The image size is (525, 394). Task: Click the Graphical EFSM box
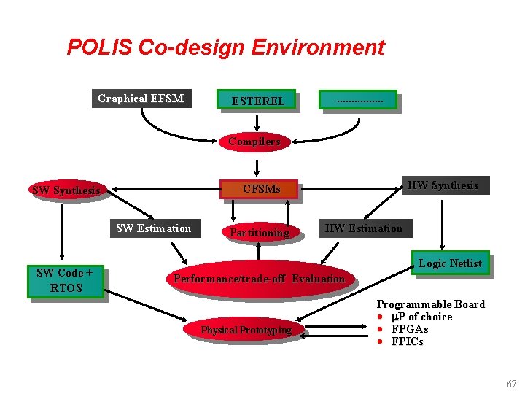141,98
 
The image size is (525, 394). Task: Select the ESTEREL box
257,101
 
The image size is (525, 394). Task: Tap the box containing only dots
359,100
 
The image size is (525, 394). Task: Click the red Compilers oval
254,142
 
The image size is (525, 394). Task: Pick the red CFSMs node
261,190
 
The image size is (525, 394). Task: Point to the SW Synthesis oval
66,190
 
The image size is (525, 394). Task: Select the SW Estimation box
153,228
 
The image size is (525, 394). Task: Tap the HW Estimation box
364,228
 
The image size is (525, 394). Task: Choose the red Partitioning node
260,233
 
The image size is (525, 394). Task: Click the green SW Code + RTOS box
65,281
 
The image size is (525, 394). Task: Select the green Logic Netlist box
450,263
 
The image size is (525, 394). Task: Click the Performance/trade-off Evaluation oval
259,278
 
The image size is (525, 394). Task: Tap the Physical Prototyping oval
246,330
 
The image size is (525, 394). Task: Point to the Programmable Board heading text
430,304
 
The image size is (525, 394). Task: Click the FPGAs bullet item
410,329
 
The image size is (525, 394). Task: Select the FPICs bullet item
407,341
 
